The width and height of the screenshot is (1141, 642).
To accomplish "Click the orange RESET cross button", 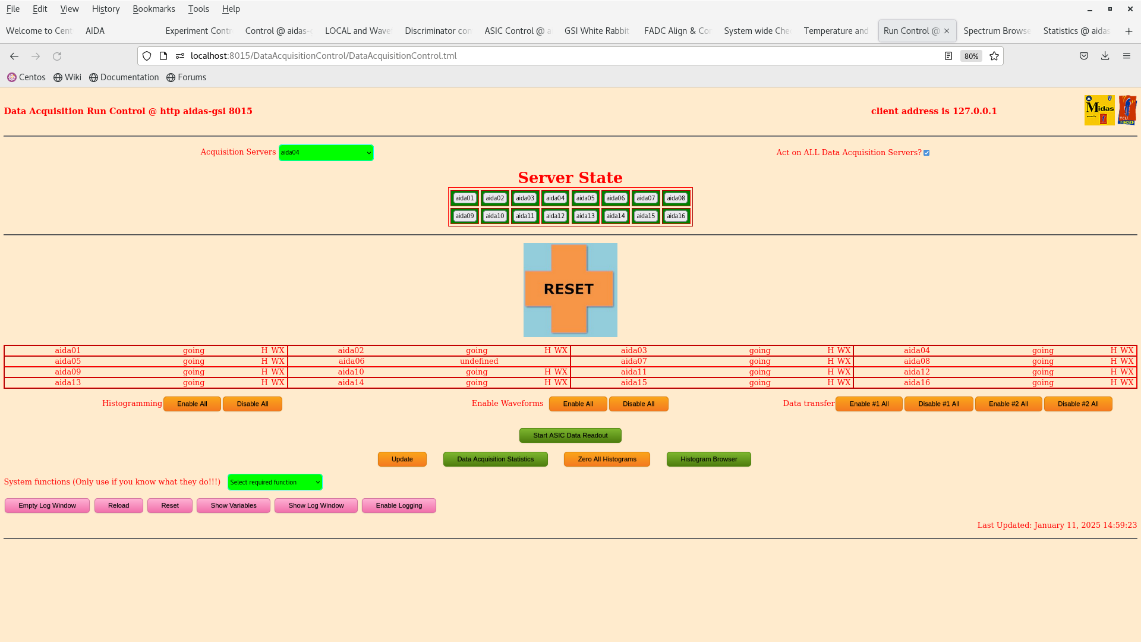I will click(x=569, y=289).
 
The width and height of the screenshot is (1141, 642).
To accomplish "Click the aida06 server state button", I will click(x=615, y=199).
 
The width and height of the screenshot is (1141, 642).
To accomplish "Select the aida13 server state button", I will click(x=585, y=216).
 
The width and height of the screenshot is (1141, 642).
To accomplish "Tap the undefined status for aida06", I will click(x=478, y=361).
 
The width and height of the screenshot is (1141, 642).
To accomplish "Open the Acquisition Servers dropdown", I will click(x=326, y=153).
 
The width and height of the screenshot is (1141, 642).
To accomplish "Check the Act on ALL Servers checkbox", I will click(x=926, y=153).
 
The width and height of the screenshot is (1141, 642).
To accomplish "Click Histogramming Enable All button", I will click(x=192, y=404).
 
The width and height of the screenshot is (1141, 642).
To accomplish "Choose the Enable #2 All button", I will click(x=1008, y=404).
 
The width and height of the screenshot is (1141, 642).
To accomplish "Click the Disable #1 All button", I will click(x=938, y=404).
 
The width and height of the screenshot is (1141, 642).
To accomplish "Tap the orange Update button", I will click(x=402, y=460).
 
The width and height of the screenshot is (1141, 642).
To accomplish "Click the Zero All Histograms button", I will click(x=607, y=460).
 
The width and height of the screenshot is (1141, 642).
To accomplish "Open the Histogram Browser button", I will click(x=708, y=460).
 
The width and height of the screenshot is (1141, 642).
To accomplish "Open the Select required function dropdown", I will click(x=275, y=482).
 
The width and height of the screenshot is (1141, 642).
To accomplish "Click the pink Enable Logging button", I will click(x=399, y=506).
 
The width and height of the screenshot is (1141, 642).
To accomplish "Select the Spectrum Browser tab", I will click(x=997, y=31).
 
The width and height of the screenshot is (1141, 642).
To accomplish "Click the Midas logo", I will click(x=1099, y=110).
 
